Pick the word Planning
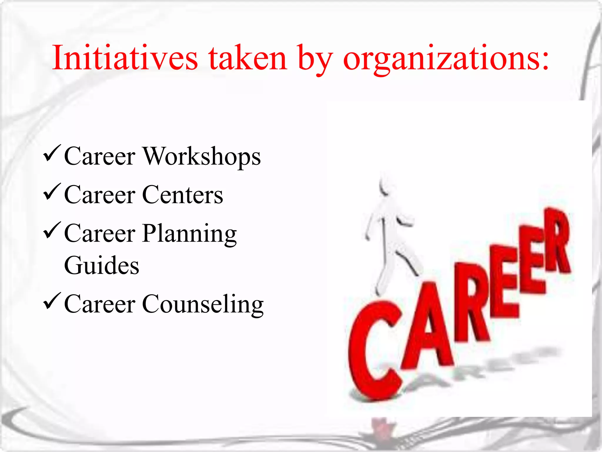(x=190, y=234)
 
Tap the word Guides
(x=101, y=265)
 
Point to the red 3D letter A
(x=426, y=327)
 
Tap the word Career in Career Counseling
(x=100, y=305)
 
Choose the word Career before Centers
(x=100, y=195)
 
